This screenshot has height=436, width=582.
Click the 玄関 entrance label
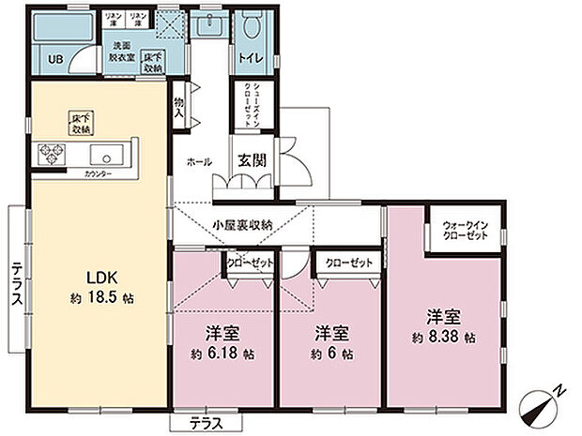(x=251, y=160)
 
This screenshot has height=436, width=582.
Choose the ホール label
(x=199, y=161)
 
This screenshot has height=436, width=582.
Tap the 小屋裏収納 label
(x=242, y=224)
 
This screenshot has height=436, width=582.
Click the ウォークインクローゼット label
(x=466, y=232)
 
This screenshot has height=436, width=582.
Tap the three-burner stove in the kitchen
(x=50, y=155)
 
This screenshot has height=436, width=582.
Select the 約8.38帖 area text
(x=442, y=336)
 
